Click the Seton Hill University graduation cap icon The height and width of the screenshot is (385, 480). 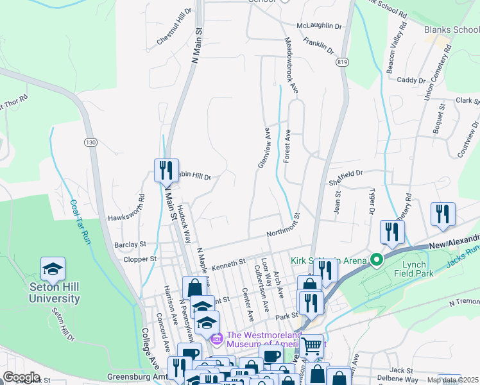pos(53,269)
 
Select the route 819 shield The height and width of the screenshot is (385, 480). pos(342,62)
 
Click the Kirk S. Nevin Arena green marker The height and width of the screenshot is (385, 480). pos(376,260)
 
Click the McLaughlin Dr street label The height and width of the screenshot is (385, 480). pos(319,26)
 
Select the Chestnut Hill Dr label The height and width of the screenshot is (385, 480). pos(175,28)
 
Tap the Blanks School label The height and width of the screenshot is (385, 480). pos(451,30)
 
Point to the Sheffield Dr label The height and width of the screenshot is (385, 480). pos(346,173)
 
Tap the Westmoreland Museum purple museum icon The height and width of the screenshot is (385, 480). pos(216,338)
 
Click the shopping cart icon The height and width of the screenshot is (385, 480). pos(312,346)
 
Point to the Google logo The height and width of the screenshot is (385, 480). pos(21,377)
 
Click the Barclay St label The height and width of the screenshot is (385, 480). pos(131,244)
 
